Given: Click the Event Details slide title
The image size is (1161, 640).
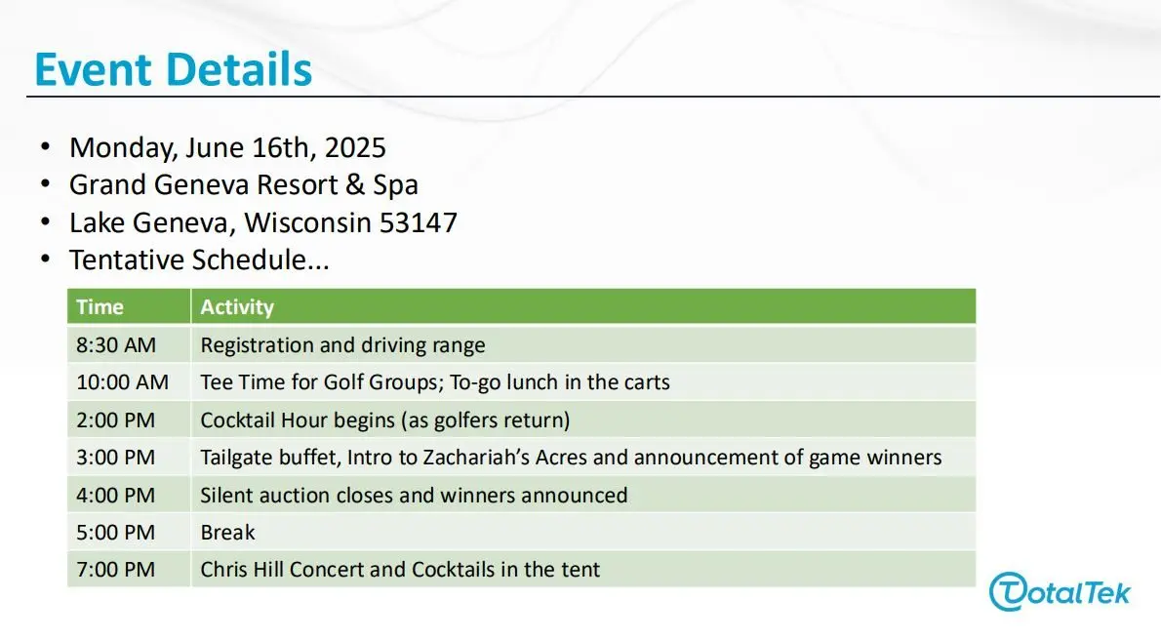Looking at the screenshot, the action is (x=174, y=69).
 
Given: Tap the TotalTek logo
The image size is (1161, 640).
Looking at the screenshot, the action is (x=1060, y=592).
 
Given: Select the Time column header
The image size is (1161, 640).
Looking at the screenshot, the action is (x=100, y=306).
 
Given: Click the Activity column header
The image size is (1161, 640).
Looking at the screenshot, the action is (x=237, y=306).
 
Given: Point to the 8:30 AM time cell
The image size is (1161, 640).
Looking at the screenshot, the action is (x=116, y=345).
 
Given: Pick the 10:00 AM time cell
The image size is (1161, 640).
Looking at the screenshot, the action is (x=122, y=382).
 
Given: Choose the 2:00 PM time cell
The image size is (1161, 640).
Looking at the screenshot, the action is (x=115, y=420).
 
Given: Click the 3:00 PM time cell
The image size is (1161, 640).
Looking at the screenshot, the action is (x=115, y=457).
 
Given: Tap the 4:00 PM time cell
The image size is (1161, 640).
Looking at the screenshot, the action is (x=115, y=495).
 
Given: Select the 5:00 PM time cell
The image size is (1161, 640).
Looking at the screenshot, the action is (x=115, y=532).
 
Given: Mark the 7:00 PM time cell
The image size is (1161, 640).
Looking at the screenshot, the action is (x=115, y=569).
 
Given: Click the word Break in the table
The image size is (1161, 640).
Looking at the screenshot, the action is (x=227, y=532).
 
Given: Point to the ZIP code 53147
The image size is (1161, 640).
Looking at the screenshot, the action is (x=419, y=222).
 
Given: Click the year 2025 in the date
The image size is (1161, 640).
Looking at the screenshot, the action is (x=355, y=147).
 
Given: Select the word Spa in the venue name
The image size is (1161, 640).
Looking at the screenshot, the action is (x=395, y=185).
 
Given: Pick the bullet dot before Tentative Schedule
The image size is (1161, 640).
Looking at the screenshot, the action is (x=46, y=260).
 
